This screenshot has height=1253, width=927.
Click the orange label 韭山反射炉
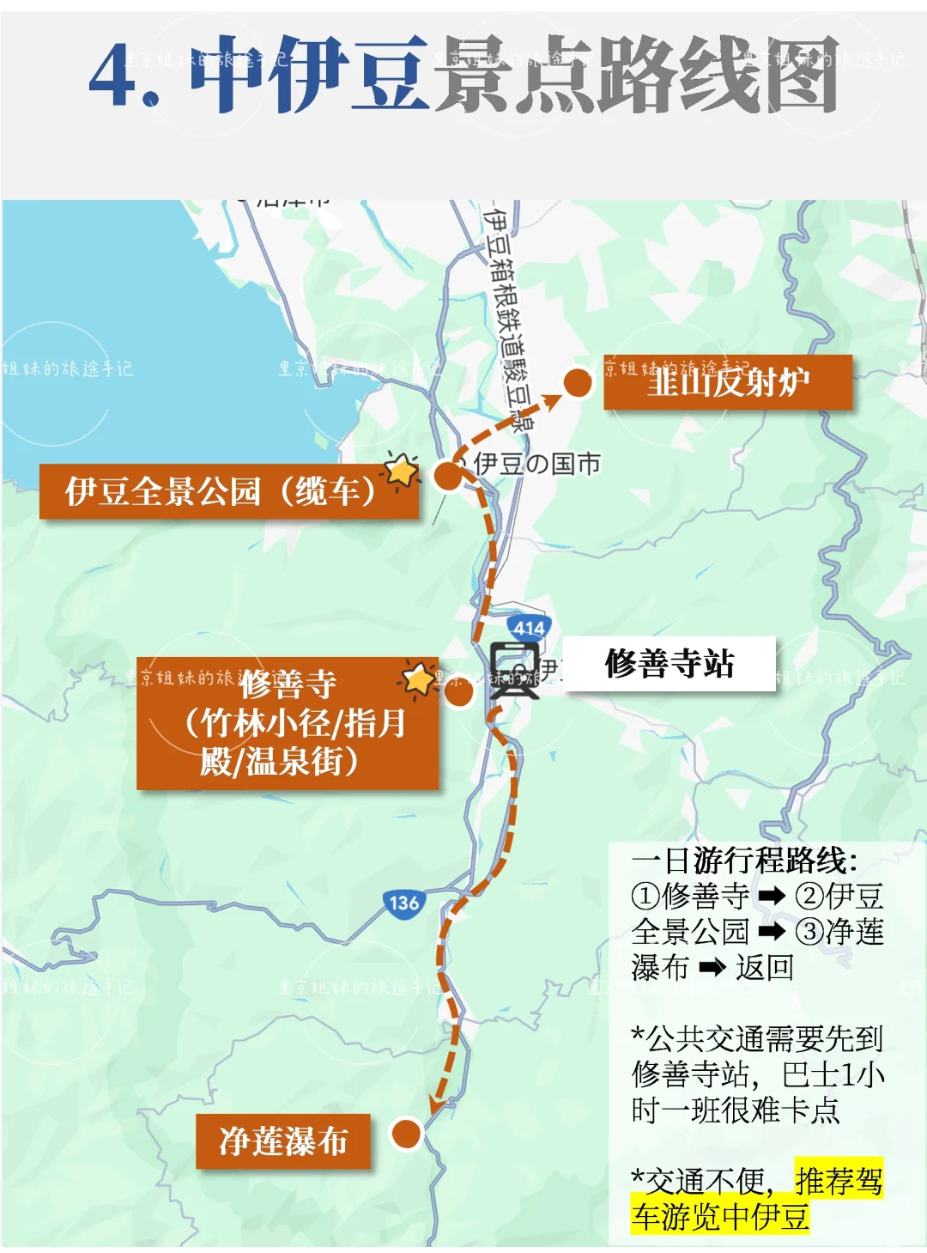(x=728, y=381)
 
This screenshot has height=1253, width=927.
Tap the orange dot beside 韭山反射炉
(x=578, y=382)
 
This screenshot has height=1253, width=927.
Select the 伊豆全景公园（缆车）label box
(x=228, y=491)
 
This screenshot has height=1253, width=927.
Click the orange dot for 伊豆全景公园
(x=447, y=476)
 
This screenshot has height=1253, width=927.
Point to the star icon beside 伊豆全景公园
(x=400, y=470)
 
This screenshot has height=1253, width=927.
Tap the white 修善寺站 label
(x=669, y=663)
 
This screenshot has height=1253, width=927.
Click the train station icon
(x=514, y=669)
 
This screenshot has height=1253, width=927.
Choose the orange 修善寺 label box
(x=287, y=723)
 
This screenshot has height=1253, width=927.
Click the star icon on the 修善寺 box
(x=419, y=679)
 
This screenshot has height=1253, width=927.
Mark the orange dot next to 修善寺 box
(x=459, y=693)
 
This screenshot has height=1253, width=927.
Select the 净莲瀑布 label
(x=283, y=1141)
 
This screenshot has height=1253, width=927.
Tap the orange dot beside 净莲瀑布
(x=406, y=1134)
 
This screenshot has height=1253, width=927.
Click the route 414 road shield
(x=528, y=628)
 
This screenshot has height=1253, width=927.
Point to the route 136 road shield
(x=403, y=903)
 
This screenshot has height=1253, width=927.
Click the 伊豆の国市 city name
(x=536, y=464)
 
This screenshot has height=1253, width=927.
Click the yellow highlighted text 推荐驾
(x=839, y=1181)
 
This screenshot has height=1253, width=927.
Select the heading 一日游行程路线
(x=743, y=860)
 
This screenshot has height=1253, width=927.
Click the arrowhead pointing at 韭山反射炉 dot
(x=551, y=398)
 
